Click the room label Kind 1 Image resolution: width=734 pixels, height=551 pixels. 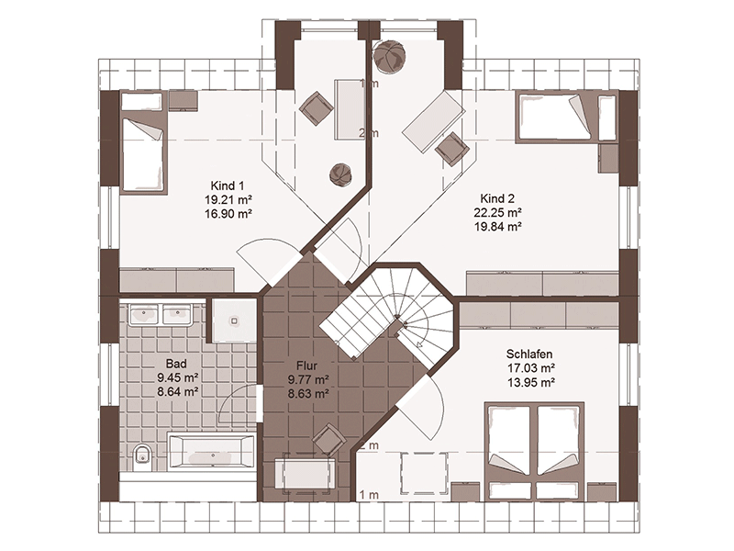coord(227,186)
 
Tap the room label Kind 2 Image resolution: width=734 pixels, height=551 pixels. coord(497,198)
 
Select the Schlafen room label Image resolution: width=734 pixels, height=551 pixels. coord(529,354)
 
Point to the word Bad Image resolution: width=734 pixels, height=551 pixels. coord(176,364)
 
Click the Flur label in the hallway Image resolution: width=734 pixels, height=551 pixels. coord(306,365)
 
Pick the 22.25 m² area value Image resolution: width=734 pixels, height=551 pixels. coord(497,212)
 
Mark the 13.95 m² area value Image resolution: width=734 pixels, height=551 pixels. coord(531,382)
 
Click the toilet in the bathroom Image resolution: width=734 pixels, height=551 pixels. coord(142,455)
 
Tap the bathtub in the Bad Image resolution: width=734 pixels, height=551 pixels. coord(211,451)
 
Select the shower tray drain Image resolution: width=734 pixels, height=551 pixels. coord(234,320)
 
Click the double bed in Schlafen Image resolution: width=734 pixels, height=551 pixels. coord(535,451)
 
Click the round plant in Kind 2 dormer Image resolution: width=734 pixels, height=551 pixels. coord(389,56)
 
